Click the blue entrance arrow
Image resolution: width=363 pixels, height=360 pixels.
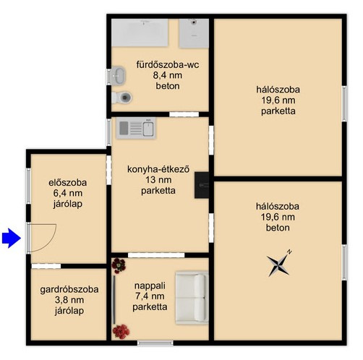click(x=12, y=238)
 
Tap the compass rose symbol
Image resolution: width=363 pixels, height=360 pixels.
click(x=279, y=265)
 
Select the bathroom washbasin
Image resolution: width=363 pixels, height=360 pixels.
click(x=118, y=75)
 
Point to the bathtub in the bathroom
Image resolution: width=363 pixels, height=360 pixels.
click(x=140, y=33)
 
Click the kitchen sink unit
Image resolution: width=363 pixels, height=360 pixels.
click(x=136, y=128)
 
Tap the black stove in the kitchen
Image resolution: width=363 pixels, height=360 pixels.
click(x=202, y=185)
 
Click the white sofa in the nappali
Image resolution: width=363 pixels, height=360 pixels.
click(x=192, y=298)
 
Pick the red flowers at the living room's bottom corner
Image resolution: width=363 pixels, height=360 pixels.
click(x=121, y=332)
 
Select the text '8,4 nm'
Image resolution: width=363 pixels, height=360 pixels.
click(x=168, y=75)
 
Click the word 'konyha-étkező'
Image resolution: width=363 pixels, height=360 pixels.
click(x=158, y=169)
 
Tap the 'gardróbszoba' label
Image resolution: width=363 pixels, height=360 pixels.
click(x=69, y=289)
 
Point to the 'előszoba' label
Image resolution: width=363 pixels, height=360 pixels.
click(x=67, y=182)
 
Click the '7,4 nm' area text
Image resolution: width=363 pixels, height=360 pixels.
click(x=150, y=296)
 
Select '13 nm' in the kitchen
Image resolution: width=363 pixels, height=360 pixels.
click(x=158, y=180)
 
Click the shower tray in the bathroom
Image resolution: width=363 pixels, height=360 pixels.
click(x=194, y=33)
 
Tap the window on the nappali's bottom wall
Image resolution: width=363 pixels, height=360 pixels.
click(x=155, y=343)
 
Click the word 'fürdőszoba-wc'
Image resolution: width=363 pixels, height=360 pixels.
click(x=168, y=65)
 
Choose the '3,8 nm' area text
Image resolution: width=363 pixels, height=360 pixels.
click(x=69, y=300)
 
